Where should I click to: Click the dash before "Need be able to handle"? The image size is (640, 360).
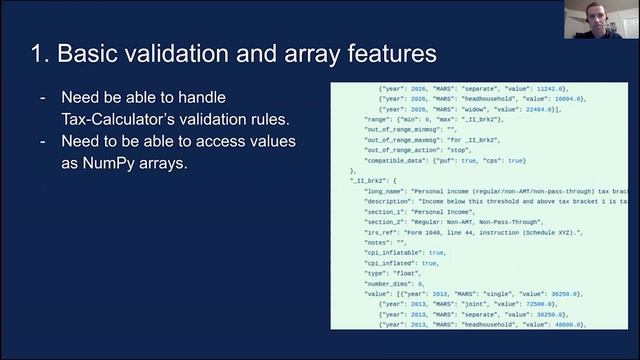click(42, 98)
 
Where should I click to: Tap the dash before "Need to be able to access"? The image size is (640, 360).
click(42, 141)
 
